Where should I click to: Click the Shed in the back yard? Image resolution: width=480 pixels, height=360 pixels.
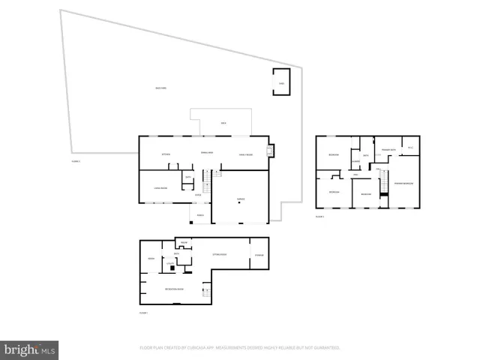click(x=281, y=82)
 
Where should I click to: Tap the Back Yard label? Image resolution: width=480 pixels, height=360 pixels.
click(x=160, y=89)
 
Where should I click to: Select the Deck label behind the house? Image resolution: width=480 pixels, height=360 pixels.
click(x=223, y=123)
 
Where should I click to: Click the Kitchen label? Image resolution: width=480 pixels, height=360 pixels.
click(x=166, y=154)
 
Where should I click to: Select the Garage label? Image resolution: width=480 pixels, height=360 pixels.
click(x=241, y=199)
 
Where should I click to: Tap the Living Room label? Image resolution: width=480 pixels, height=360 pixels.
click(x=160, y=187)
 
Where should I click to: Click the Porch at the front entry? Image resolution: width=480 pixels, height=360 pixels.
click(x=200, y=215)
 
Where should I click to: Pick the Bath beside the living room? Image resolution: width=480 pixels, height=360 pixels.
click(x=188, y=177)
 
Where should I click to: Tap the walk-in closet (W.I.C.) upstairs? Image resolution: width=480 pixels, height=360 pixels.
click(x=410, y=147)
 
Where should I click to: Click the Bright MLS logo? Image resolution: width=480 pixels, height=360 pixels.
click(x=30, y=349)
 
